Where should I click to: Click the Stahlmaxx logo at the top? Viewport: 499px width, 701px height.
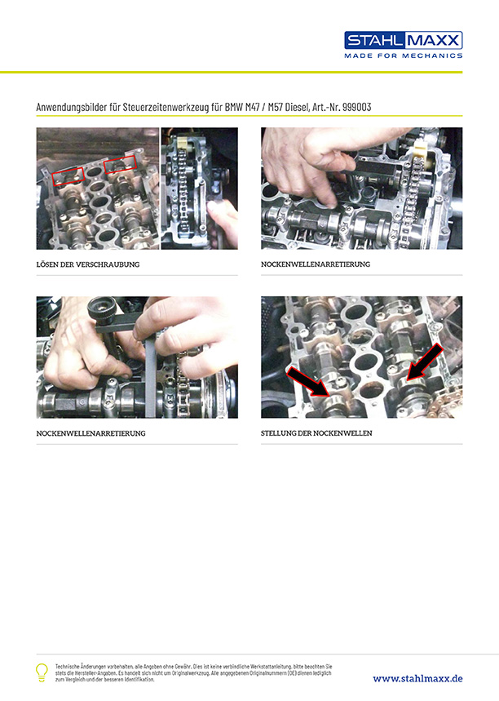[403, 40]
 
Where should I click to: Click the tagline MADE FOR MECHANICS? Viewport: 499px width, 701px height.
[403, 55]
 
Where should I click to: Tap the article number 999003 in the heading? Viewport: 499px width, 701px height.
[357, 107]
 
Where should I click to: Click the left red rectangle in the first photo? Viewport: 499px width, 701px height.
[68, 176]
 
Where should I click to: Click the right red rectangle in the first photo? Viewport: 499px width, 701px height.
[120, 165]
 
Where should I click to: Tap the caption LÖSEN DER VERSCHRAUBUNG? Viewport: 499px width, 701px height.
[88, 264]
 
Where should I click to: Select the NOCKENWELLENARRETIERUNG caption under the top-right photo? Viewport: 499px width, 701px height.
[316, 264]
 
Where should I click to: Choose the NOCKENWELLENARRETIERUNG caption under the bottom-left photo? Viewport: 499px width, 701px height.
[91, 433]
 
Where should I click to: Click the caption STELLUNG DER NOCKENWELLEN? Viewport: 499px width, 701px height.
[316, 433]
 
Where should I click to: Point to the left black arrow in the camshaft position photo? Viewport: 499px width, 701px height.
[309, 382]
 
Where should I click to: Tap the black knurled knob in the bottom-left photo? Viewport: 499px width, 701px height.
[102, 309]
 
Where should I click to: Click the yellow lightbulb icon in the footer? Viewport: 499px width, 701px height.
[42, 672]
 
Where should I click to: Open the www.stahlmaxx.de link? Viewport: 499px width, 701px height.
[417, 679]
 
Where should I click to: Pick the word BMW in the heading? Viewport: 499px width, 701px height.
[234, 107]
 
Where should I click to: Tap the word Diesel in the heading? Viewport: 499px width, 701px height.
[297, 107]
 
